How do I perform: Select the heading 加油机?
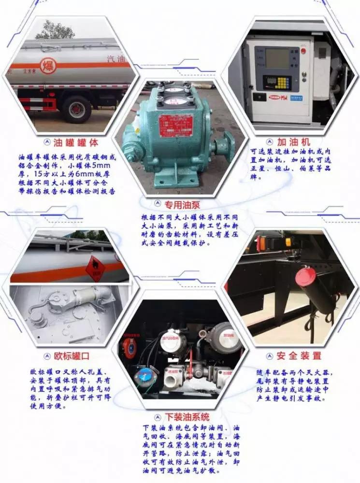tap(291, 142)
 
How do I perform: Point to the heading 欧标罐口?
tap(73, 356)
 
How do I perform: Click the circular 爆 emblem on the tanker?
tap(48, 65)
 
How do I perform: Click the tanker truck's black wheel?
tap(77, 109)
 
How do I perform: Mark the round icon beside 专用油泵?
tap(157, 204)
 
